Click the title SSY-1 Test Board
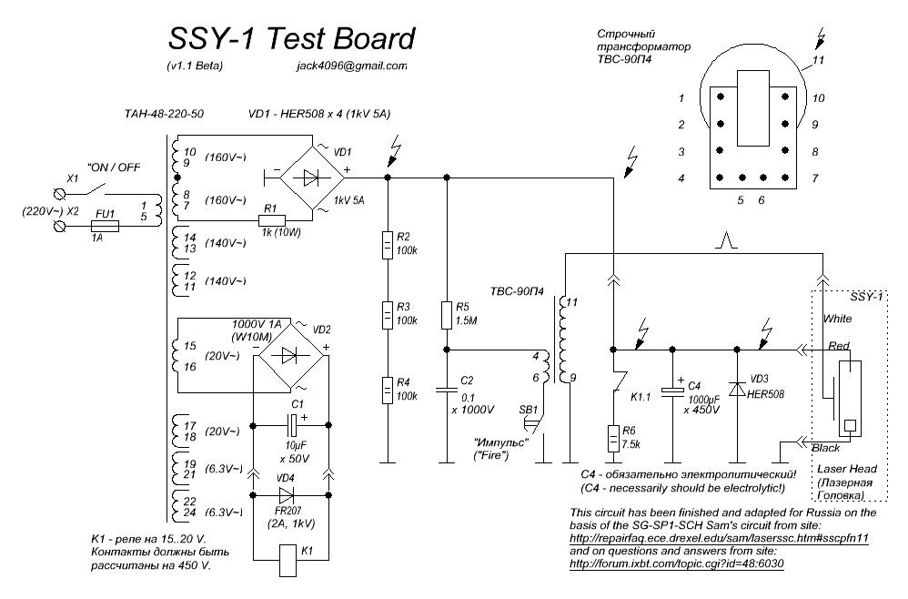pyautogui.click(x=291, y=38)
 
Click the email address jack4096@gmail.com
pyautogui.click(x=352, y=66)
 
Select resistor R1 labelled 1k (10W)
pyautogui.click(x=271, y=220)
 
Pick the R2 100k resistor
pyautogui.click(x=388, y=243)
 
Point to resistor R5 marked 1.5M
pyautogui.click(x=446, y=315)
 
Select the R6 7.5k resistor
pyautogui.click(x=614, y=439)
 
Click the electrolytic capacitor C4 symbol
pyautogui.click(x=672, y=390)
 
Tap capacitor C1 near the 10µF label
pyautogui.click(x=291, y=425)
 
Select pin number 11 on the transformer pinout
pyautogui.click(x=817, y=60)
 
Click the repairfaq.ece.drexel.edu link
pyautogui.click(x=719, y=538)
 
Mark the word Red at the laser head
pyautogui.click(x=838, y=347)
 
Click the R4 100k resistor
pyautogui.click(x=388, y=390)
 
